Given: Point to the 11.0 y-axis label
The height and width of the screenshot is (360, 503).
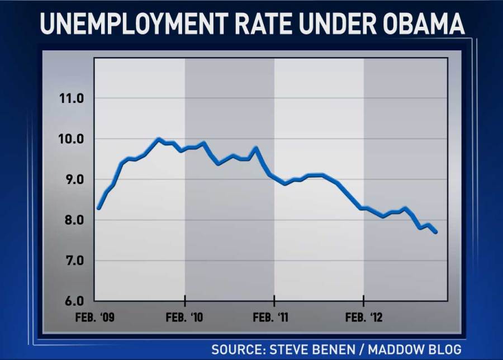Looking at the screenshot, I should click(x=71, y=98).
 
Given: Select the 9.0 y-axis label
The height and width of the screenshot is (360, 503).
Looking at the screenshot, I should click(x=74, y=179).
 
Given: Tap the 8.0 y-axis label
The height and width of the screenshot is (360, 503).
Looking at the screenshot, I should click(x=74, y=220).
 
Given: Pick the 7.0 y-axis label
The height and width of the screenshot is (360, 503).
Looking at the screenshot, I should click(x=74, y=260).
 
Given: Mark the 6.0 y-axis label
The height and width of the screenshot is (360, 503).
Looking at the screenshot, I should click(x=74, y=301).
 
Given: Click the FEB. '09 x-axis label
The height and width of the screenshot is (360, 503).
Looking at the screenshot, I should click(x=96, y=318).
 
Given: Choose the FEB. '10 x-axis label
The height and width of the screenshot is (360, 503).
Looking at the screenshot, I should click(x=185, y=318).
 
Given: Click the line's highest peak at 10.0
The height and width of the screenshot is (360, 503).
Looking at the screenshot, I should click(x=159, y=139).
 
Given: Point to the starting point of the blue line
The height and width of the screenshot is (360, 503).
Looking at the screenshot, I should click(x=98, y=208).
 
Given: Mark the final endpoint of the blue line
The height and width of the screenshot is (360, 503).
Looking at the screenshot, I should click(x=436, y=232).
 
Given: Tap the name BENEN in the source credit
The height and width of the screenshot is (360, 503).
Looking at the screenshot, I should click(x=333, y=349).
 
